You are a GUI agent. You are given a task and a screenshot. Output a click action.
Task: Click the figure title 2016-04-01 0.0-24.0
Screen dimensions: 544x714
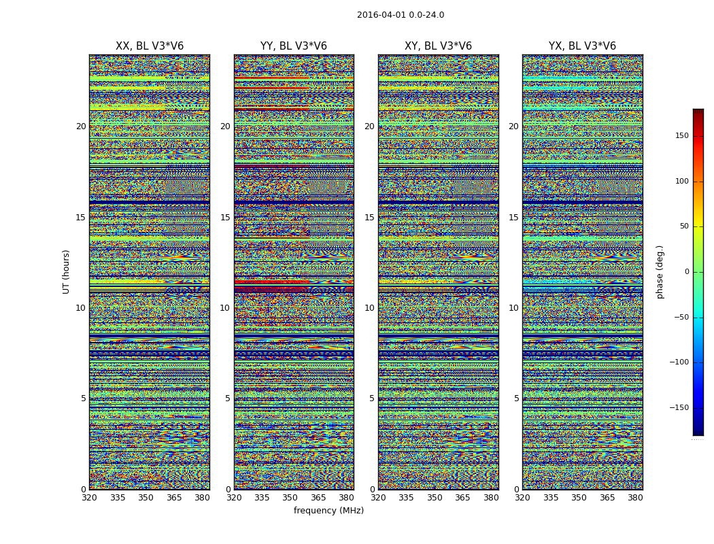coord(401,15)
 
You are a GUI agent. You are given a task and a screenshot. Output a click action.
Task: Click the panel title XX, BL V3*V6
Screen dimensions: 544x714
coord(150,46)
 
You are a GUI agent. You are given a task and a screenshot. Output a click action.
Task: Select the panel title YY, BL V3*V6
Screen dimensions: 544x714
coord(294,46)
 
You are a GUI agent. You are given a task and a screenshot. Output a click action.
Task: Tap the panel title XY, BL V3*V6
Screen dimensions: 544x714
coord(438,46)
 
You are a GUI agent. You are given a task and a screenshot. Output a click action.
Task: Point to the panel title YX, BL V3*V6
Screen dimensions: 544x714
coord(582,46)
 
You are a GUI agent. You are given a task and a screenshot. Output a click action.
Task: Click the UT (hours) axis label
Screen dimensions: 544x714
coord(67,271)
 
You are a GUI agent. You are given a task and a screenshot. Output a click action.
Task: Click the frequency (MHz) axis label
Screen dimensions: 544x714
coord(328,511)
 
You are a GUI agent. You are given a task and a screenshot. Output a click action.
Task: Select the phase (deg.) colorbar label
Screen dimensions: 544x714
coord(660,271)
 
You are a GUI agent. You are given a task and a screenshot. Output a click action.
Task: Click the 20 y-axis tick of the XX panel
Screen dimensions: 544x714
coord(81,126)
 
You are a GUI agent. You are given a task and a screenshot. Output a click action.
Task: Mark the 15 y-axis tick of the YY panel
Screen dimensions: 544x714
coord(225,218)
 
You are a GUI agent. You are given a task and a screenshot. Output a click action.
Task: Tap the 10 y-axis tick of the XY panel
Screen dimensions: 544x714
coord(369,308)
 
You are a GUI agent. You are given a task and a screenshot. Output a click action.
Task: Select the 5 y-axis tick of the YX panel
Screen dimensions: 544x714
coord(516,399)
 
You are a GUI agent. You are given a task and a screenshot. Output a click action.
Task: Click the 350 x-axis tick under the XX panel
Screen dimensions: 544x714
coord(146,498)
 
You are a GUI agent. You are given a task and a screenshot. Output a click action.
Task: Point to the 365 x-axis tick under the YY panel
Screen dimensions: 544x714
coord(319,498)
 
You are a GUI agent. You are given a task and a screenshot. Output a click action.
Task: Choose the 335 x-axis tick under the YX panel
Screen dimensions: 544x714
coord(551,498)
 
